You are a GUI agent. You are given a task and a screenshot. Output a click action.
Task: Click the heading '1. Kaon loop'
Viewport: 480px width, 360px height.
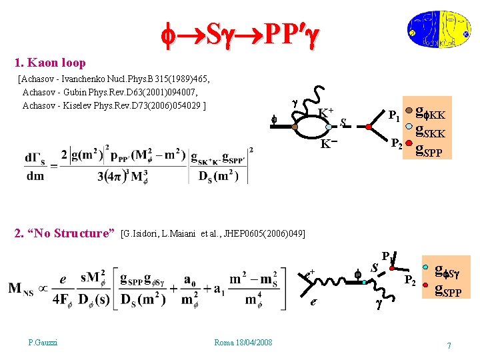(50, 63)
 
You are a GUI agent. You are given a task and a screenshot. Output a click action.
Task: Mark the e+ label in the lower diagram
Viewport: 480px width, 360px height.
(309, 273)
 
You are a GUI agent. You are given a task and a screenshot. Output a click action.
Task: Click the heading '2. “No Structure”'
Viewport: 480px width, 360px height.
(65, 233)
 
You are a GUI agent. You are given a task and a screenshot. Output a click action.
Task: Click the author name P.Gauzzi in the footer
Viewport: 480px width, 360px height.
(43, 342)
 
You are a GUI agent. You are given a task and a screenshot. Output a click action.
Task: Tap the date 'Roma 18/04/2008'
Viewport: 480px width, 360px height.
(243, 342)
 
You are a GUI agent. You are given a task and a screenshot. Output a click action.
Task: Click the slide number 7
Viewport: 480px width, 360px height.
(449, 345)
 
